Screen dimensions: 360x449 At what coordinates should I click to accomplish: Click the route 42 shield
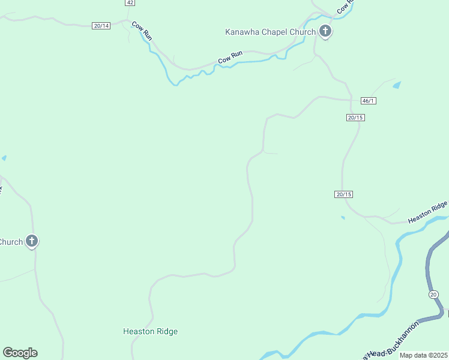130,3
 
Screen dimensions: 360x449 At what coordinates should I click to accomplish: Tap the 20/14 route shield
101,26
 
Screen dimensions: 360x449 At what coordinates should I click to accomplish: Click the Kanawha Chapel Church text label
270,32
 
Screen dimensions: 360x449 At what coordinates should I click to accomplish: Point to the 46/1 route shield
369,101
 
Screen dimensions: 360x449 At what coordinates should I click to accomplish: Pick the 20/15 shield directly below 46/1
356,117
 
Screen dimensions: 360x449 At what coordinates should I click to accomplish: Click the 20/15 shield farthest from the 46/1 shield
343,194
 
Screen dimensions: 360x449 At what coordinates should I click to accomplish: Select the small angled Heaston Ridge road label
428,212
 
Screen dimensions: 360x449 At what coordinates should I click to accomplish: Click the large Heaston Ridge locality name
150,331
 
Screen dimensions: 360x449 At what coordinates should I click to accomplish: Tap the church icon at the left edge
32,241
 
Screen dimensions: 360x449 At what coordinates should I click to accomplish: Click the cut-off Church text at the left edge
11,242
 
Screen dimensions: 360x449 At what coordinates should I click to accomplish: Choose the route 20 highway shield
433,294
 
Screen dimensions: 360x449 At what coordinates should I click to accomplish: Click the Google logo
20,353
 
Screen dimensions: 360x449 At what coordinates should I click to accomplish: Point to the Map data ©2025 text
424,355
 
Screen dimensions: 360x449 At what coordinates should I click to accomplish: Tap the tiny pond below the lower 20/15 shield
343,217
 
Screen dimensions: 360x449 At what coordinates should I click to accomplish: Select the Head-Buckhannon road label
384,347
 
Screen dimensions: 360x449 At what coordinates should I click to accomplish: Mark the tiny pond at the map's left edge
4,158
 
